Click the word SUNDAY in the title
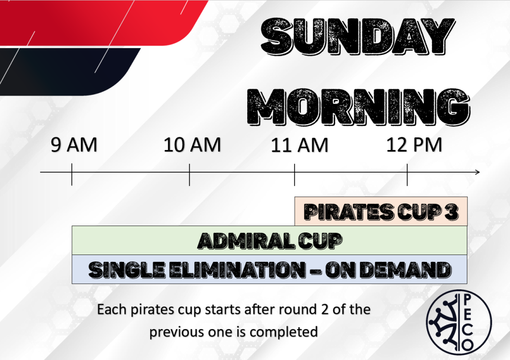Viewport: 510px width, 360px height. (358, 36)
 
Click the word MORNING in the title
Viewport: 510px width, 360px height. (359, 106)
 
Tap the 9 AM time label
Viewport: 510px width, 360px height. (74, 145)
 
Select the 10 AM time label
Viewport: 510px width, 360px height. (192, 145)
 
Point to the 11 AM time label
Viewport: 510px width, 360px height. (300, 145)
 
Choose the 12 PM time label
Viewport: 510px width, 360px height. (414, 145)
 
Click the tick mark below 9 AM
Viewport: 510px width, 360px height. (72, 175)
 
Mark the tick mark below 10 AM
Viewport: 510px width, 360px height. (189, 175)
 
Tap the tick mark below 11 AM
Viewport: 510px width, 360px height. (294, 175)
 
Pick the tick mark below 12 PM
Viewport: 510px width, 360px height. (407, 175)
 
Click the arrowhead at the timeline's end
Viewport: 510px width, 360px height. (478, 172)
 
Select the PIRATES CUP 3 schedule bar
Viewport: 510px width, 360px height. (381, 211)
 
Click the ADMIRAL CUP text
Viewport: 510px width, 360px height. (270, 241)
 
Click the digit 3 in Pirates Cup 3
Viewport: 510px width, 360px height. (453, 212)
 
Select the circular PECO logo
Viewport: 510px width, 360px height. (459, 322)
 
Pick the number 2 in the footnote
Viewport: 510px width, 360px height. (325, 309)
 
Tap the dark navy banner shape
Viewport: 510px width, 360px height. (65, 72)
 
